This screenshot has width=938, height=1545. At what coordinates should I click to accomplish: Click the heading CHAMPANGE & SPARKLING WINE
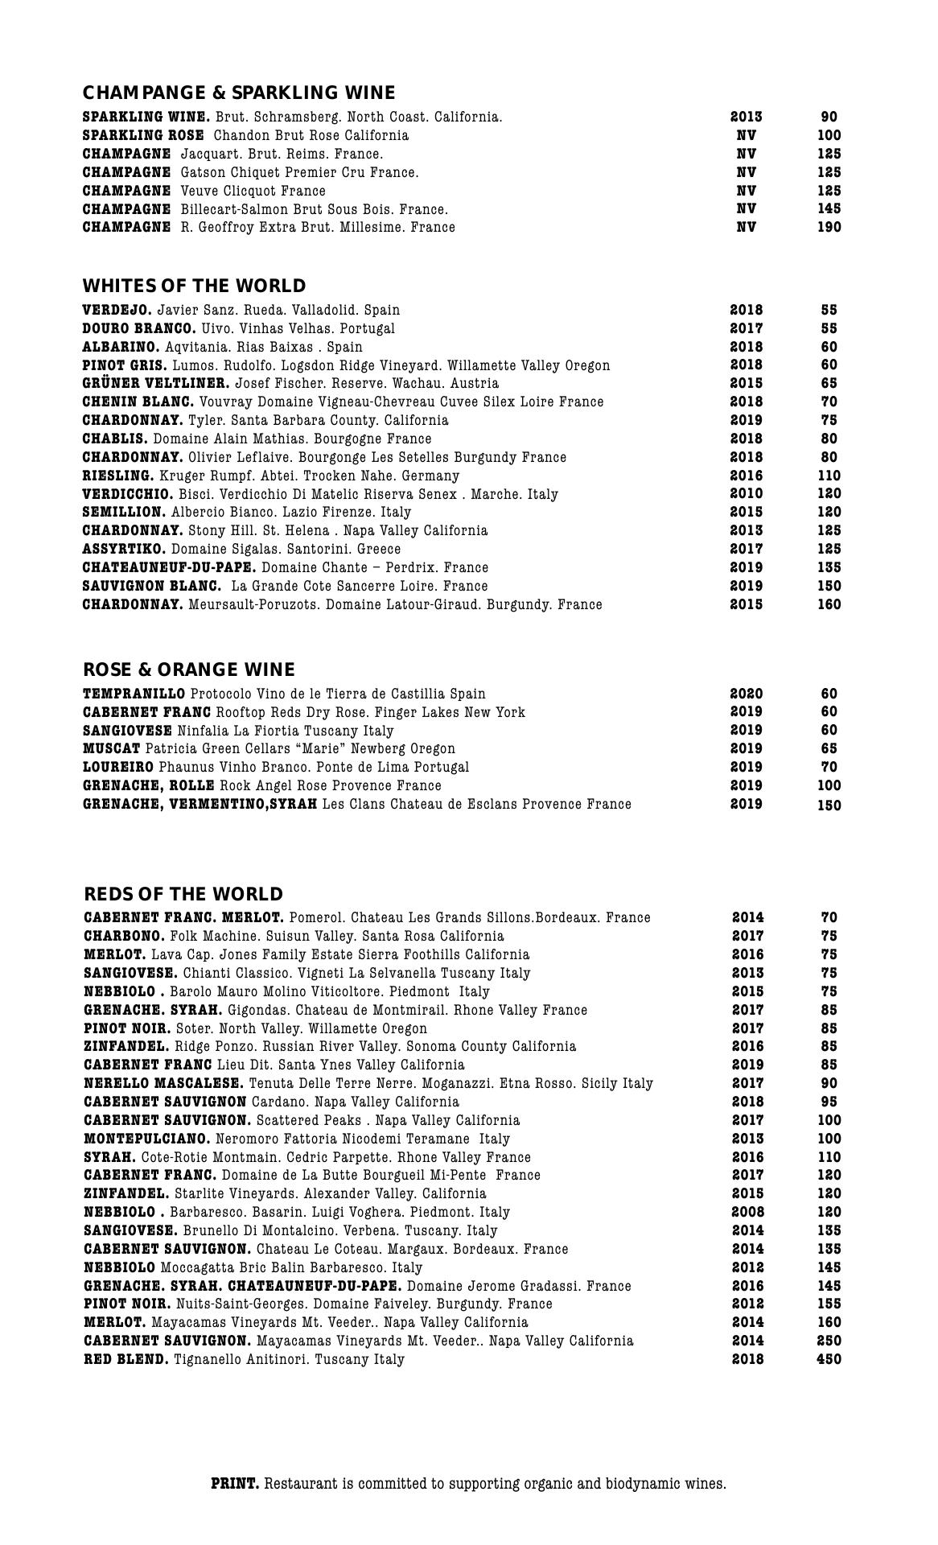tap(239, 93)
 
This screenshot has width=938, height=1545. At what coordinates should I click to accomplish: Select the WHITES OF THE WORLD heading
tap(194, 286)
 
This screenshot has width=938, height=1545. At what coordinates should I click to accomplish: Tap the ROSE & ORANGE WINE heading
tap(189, 669)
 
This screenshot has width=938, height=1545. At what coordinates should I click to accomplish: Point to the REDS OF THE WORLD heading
tap(183, 894)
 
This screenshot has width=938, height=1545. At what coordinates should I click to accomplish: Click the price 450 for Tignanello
tap(829, 1359)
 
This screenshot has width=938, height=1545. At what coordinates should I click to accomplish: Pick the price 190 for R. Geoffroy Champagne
tap(829, 227)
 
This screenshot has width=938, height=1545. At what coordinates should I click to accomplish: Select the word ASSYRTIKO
tap(124, 549)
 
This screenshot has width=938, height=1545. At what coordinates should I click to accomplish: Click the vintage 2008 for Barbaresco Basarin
tap(748, 1212)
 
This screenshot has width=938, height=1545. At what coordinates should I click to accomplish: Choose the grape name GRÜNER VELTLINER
tap(156, 383)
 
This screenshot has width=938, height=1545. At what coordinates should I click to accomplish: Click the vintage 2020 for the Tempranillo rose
tap(747, 694)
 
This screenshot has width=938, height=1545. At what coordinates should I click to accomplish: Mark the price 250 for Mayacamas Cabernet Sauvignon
tap(829, 1341)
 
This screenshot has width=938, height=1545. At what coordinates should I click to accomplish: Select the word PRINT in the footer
tap(235, 1483)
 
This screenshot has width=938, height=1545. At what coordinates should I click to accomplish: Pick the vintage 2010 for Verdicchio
tap(747, 493)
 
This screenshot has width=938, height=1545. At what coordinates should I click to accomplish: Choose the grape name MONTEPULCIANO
tap(147, 1139)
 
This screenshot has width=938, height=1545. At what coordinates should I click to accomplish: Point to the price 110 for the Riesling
tap(829, 476)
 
